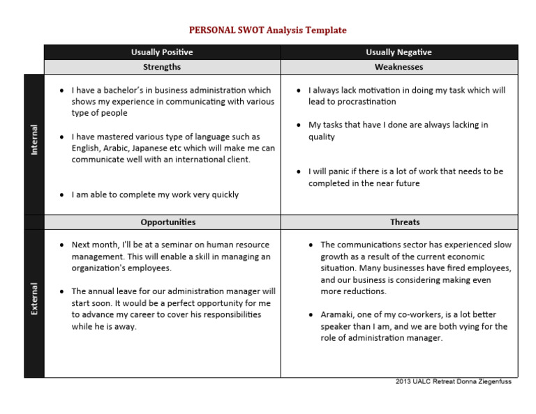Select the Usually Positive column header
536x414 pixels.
click(x=162, y=52)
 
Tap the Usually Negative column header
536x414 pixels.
click(x=399, y=52)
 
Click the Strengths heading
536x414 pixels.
click(x=162, y=67)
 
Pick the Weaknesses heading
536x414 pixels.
click(x=399, y=67)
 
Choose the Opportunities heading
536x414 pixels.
click(x=168, y=222)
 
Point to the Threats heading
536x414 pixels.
click(x=405, y=222)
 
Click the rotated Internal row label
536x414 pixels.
click(x=34, y=140)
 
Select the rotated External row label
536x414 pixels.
click(x=34, y=298)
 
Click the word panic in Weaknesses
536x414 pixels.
click(x=338, y=171)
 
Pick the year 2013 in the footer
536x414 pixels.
click(x=403, y=382)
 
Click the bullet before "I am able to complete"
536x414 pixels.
click(x=62, y=195)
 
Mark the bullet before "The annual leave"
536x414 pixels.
click(x=62, y=291)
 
